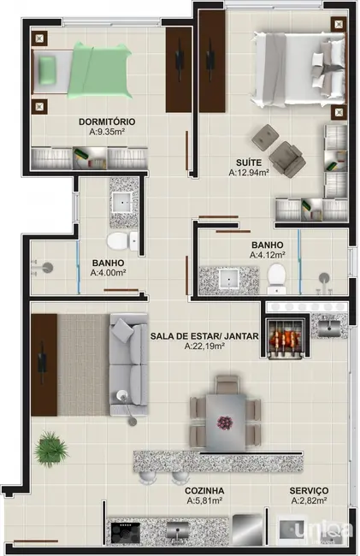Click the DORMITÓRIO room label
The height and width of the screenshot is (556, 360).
pos(107,121)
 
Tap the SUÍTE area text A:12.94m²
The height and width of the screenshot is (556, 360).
pos(249,172)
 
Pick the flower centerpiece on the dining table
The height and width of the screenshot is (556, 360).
pos(226,423)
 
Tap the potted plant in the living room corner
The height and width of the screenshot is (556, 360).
pos(51,447)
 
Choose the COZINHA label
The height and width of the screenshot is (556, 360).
pos(204,490)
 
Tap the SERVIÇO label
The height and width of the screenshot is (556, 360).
pos(309,490)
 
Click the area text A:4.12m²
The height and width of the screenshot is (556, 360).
pos(267,255)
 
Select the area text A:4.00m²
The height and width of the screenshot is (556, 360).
pos(108,274)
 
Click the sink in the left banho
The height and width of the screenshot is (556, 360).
pos(123,202)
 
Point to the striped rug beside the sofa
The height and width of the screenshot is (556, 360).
pos(82,364)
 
